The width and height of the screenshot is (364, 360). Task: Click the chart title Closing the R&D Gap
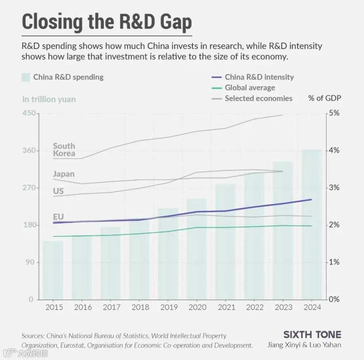coord(107,22)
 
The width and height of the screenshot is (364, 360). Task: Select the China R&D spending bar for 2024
coord(312,224)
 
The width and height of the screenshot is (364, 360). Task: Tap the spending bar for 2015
coord(53,270)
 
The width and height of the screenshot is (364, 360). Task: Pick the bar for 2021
coord(226,242)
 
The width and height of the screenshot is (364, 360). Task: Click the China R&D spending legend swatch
coord(26,77)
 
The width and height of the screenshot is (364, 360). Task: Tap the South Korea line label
coord(64,150)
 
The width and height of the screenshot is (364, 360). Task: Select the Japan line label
coord(63,174)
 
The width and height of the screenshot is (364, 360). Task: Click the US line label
coord(58,191)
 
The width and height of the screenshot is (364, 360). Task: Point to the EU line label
coord(58,217)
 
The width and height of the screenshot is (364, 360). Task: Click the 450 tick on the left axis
coord(29,113)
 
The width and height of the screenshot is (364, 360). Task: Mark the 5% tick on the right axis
coord(334,113)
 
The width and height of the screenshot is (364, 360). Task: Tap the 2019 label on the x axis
coord(169,307)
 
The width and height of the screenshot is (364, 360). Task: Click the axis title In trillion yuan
coord(49,99)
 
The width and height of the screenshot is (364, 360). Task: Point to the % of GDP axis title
coord(324,98)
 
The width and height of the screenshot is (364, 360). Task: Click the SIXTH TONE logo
coord(312,334)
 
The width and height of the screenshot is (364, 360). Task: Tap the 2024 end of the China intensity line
coord(311,199)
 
